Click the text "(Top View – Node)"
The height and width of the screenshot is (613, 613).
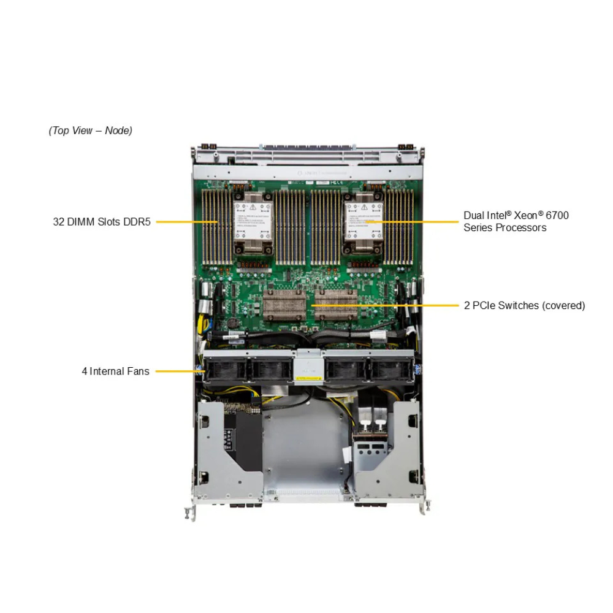[x=90, y=131]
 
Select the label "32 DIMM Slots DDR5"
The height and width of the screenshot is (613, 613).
[x=102, y=222]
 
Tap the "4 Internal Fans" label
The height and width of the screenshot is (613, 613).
[x=115, y=371]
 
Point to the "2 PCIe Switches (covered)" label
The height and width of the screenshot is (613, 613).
[x=524, y=305]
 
